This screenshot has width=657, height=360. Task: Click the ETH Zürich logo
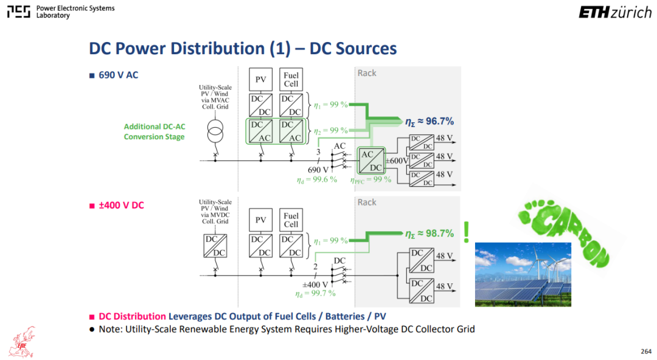click(x=615, y=13)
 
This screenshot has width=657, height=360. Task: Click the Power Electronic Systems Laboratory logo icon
click(x=19, y=12)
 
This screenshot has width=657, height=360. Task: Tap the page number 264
click(x=645, y=351)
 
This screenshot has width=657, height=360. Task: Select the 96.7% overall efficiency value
click(x=429, y=122)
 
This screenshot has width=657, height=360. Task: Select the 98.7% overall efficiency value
click(x=429, y=234)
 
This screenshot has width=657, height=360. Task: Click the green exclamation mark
click(x=467, y=232)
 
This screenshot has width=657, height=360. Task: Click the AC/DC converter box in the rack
click(x=371, y=161)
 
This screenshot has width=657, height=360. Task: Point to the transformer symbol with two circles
click(x=215, y=132)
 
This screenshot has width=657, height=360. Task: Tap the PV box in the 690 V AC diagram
click(x=260, y=80)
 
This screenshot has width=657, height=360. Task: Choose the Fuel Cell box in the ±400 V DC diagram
click(x=291, y=220)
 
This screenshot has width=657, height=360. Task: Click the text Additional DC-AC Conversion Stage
click(x=154, y=131)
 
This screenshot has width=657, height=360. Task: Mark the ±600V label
click(x=397, y=161)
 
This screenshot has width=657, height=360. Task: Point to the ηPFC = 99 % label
click(x=371, y=180)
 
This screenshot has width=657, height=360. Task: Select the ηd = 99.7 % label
click(x=316, y=293)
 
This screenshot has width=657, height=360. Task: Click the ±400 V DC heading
click(x=121, y=206)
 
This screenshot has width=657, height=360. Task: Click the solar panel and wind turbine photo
click(x=523, y=274)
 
